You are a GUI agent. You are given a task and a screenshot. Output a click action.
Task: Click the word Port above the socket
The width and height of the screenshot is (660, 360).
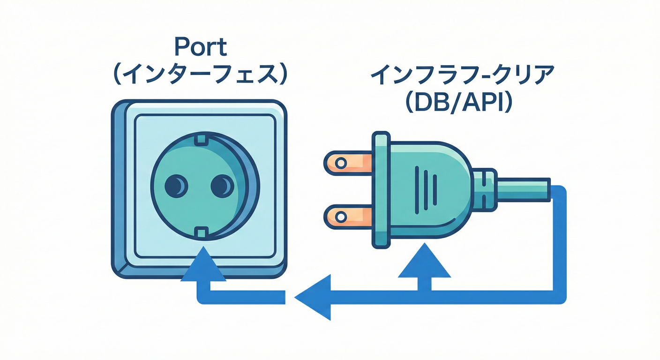pos(200,47)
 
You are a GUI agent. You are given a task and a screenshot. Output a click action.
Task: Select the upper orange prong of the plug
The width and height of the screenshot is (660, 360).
pos(347,162)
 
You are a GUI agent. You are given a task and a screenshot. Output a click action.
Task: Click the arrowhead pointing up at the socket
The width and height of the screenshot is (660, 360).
pos(203,267)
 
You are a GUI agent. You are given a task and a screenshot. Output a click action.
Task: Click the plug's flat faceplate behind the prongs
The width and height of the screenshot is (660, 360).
pos(381,189)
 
